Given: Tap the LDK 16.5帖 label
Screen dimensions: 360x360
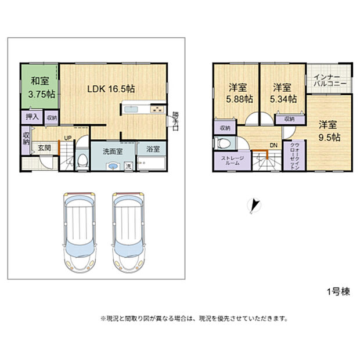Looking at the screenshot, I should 111,89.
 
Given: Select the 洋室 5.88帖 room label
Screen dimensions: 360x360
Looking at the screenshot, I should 236,93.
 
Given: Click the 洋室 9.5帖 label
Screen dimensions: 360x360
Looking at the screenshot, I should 328,131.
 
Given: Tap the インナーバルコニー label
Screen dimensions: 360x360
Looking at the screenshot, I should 330,81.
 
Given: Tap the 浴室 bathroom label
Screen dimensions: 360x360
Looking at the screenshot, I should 153,149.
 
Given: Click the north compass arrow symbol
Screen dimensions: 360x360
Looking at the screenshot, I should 254,205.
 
